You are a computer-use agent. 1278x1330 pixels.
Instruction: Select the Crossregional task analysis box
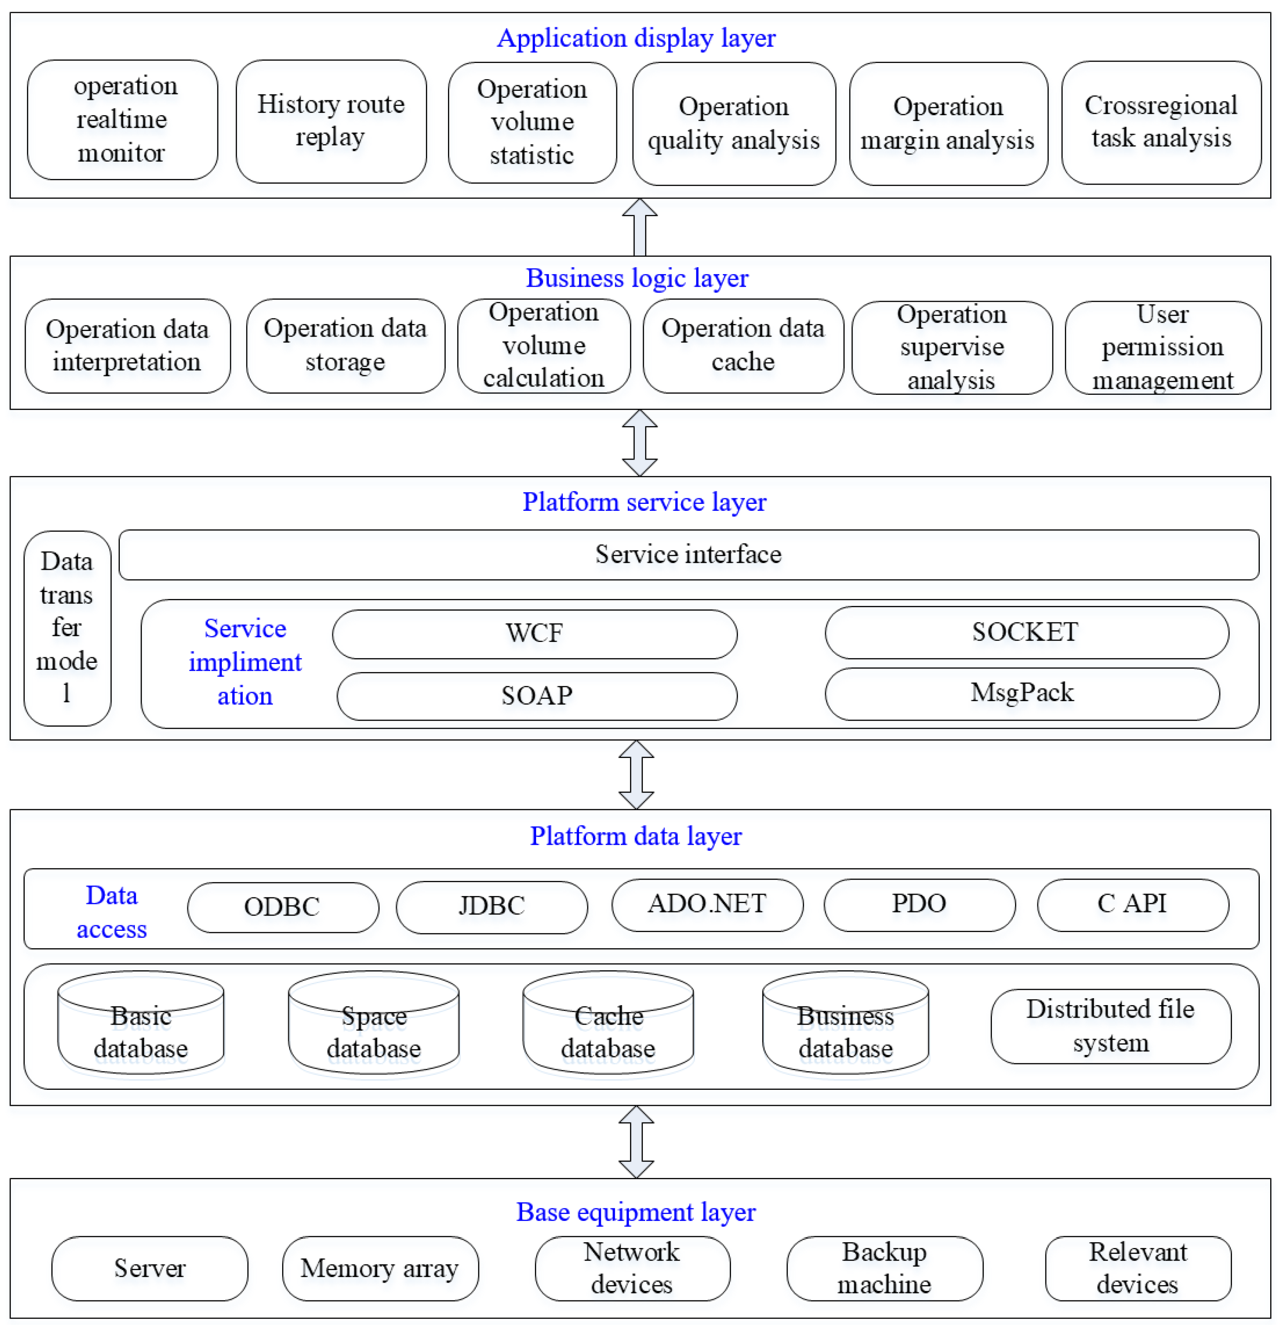(1161, 122)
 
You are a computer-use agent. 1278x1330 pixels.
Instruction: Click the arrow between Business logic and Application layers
(639, 227)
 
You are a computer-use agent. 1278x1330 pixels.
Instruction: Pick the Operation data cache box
(743, 345)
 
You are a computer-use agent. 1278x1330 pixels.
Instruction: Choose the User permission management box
(1162, 347)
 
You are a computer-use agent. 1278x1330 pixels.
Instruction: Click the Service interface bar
(688, 554)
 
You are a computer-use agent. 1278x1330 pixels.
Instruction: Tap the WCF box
(534, 633)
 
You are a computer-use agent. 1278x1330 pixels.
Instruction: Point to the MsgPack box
(1021, 693)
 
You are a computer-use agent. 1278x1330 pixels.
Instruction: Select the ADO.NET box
(707, 904)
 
